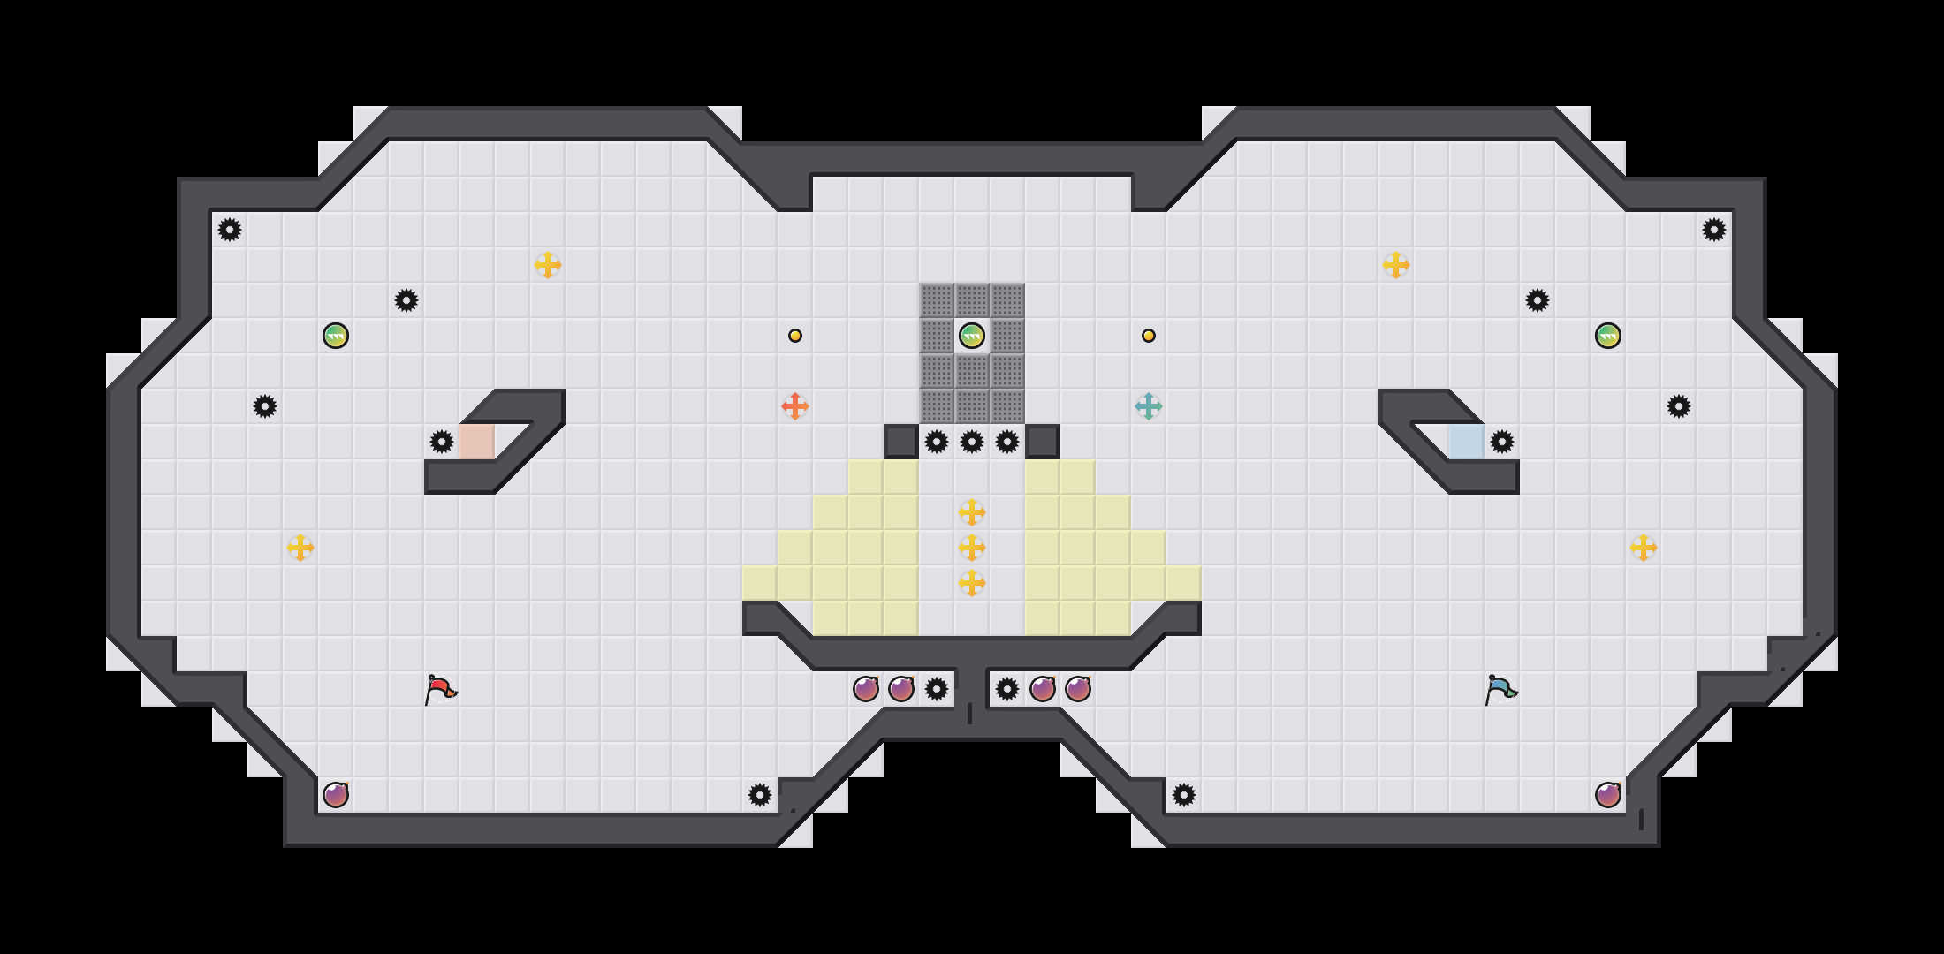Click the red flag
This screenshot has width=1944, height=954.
[x=439, y=689]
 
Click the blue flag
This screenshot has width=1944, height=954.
[x=1500, y=689]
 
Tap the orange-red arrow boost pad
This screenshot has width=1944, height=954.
[x=795, y=406]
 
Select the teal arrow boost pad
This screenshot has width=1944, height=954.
[x=1149, y=406]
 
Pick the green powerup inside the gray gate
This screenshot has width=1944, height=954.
[x=972, y=336]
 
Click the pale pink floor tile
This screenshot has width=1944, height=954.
[x=477, y=442]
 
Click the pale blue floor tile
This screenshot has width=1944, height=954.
[x=1467, y=442]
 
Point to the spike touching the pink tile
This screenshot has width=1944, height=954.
[x=442, y=442]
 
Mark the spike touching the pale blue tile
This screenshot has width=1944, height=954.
[x=1502, y=442]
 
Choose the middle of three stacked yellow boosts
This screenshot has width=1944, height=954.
[x=972, y=548]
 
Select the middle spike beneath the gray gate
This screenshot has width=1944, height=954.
[x=972, y=442]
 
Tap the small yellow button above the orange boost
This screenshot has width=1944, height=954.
[x=795, y=336]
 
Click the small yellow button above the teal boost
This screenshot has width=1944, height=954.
[x=1149, y=336]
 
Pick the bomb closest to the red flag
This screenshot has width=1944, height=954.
[x=336, y=795]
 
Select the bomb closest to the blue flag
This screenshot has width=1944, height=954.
[x=1608, y=795]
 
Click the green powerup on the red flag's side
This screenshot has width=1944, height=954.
[x=336, y=336]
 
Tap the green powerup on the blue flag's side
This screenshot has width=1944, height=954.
[x=1608, y=336]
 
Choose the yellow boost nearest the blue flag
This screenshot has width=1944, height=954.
[x=1644, y=548]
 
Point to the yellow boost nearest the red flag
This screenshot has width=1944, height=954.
[x=300, y=548]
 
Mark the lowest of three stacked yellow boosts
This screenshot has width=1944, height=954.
[x=972, y=583]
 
